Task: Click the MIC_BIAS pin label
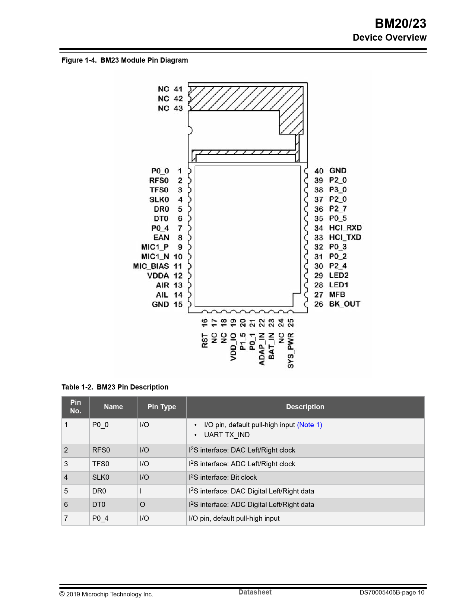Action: tap(151, 266)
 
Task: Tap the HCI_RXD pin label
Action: tap(345, 228)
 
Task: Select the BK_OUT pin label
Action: tap(344, 304)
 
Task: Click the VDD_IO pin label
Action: tap(233, 347)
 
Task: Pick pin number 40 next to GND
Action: tap(319, 171)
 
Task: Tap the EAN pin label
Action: tap(161, 237)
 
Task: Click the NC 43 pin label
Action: tap(170, 108)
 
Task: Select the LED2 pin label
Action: tap(339, 275)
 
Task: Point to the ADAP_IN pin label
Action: tap(262, 349)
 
